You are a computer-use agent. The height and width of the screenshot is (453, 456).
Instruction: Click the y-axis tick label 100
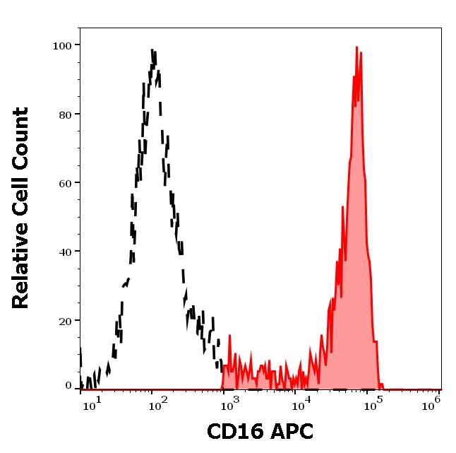click(x=63, y=46)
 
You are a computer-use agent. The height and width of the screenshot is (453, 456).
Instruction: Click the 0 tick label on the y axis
click(x=69, y=386)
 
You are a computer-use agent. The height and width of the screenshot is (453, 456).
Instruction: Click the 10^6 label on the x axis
click(x=433, y=402)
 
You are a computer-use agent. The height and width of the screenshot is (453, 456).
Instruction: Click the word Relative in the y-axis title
click(x=21, y=269)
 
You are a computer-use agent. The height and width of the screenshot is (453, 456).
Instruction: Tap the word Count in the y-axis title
click(x=21, y=137)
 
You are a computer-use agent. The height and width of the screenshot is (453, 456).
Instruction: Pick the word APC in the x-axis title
click(x=287, y=432)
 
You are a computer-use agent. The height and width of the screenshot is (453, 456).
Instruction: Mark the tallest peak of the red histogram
click(x=357, y=48)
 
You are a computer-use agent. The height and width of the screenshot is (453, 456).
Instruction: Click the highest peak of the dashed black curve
click(x=153, y=51)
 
